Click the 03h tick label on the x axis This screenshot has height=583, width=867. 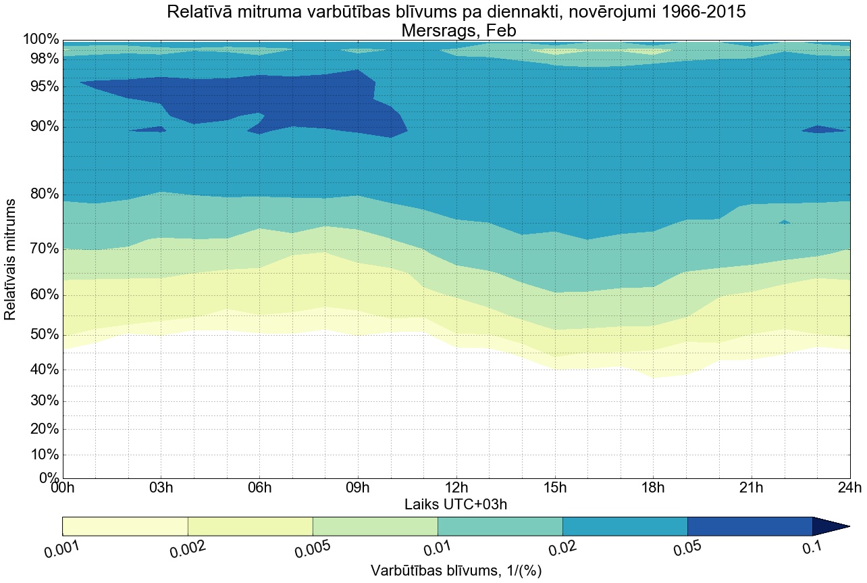161,488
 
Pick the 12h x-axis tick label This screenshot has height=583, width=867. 456,488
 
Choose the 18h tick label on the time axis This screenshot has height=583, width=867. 653,488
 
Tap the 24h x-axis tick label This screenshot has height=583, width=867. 849,488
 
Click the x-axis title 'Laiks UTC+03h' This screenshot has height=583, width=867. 456,504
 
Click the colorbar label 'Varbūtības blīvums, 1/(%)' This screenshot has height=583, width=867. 456,571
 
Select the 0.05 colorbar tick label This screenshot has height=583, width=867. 689,549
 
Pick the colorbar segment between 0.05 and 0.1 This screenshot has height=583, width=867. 750,526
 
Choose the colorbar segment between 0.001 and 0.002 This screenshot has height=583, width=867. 125,526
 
